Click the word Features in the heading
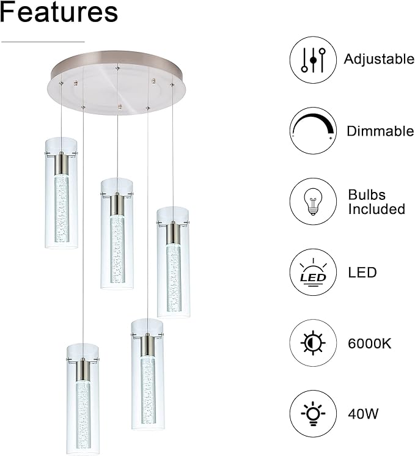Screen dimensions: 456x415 [x=59, y=12]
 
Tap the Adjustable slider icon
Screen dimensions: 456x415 [x=313, y=60]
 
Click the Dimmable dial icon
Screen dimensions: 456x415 [x=313, y=131]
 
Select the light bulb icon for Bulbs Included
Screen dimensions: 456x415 [x=313, y=202]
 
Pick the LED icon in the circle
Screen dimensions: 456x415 [x=313, y=273]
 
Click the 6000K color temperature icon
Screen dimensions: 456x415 [x=313, y=343]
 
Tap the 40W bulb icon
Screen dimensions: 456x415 [x=313, y=414]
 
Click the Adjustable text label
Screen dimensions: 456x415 [x=379, y=59]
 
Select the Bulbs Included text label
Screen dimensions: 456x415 [x=376, y=202]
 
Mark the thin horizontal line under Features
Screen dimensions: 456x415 [x=43, y=42]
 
